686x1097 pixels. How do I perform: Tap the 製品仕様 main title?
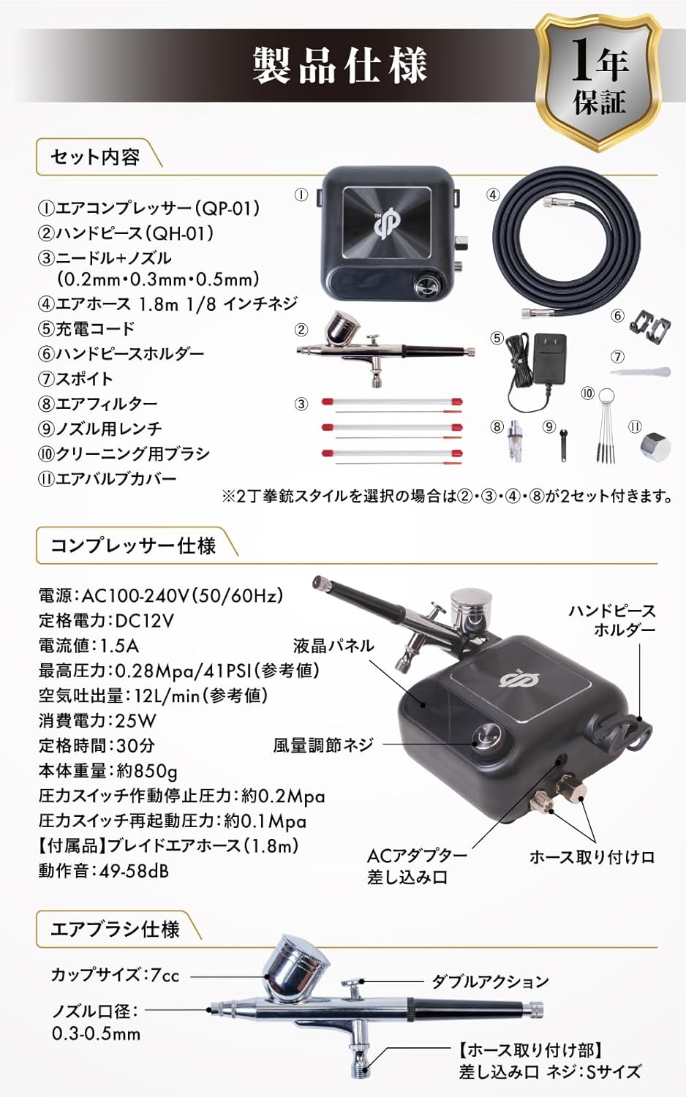click(x=340, y=65)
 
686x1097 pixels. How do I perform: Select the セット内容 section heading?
click(x=96, y=157)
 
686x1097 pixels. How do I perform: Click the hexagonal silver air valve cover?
click(x=655, y=446)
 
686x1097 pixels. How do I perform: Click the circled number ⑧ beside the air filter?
click(x=497, y=426)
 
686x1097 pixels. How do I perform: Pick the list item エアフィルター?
click(x=106, y=404)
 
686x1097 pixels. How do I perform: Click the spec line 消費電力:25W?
click(x=97, y=720)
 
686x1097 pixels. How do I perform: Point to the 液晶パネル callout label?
click(x=333, y=646)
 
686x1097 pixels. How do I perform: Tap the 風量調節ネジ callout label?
click(x=323, y=745)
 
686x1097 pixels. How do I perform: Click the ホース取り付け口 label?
click(x=592, y=871)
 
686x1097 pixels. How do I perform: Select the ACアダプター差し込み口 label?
click(x=417, y=880)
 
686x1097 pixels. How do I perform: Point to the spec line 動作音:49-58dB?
click(x=103, y=871)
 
